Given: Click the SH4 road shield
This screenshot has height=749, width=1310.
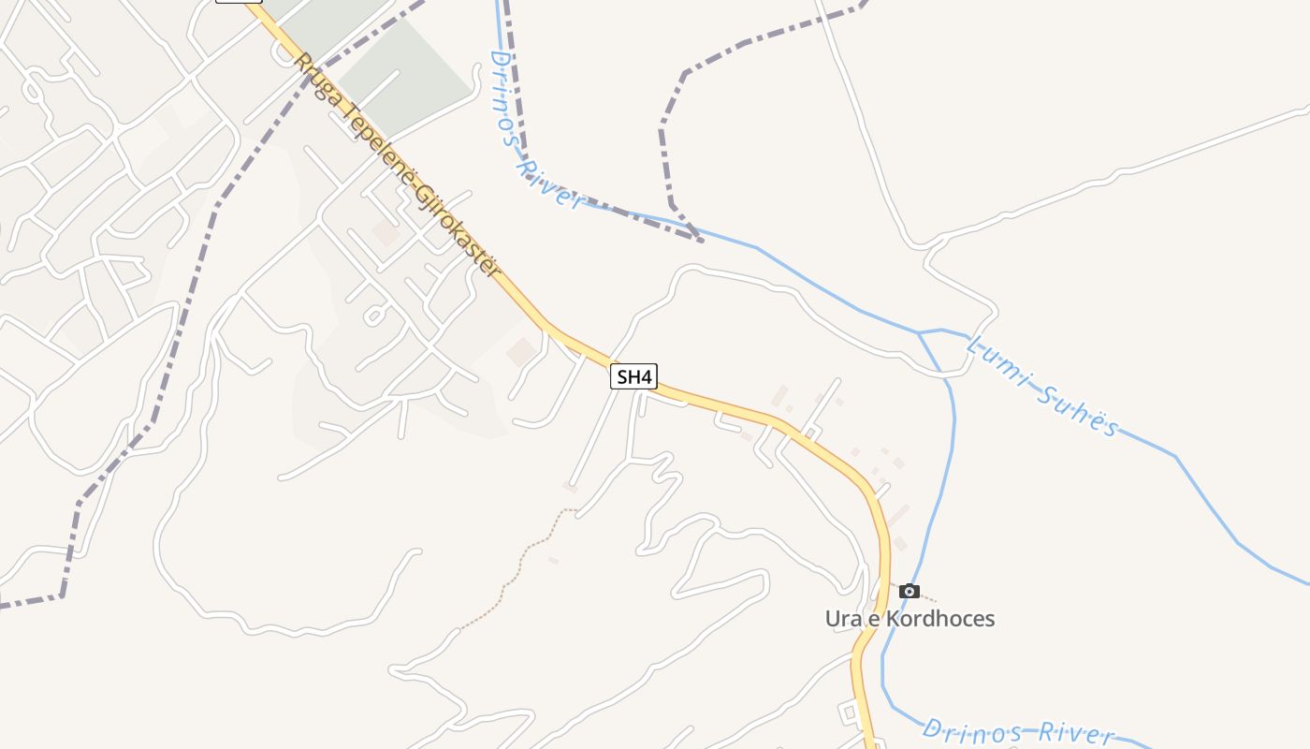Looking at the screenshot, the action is click(633, 377).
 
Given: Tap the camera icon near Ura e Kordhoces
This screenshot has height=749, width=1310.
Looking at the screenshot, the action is click(909, 591).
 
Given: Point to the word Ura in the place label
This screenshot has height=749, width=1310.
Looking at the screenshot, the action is click(843, 619).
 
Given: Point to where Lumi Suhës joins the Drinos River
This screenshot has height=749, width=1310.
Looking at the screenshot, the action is click(921, 332).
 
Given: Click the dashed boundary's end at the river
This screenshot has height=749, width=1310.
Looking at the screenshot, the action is click(702, 241).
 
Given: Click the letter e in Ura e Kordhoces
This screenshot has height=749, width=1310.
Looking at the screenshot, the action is click(874, 619).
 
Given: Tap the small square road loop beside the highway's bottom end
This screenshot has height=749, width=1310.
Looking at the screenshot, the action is click(851, 713).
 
